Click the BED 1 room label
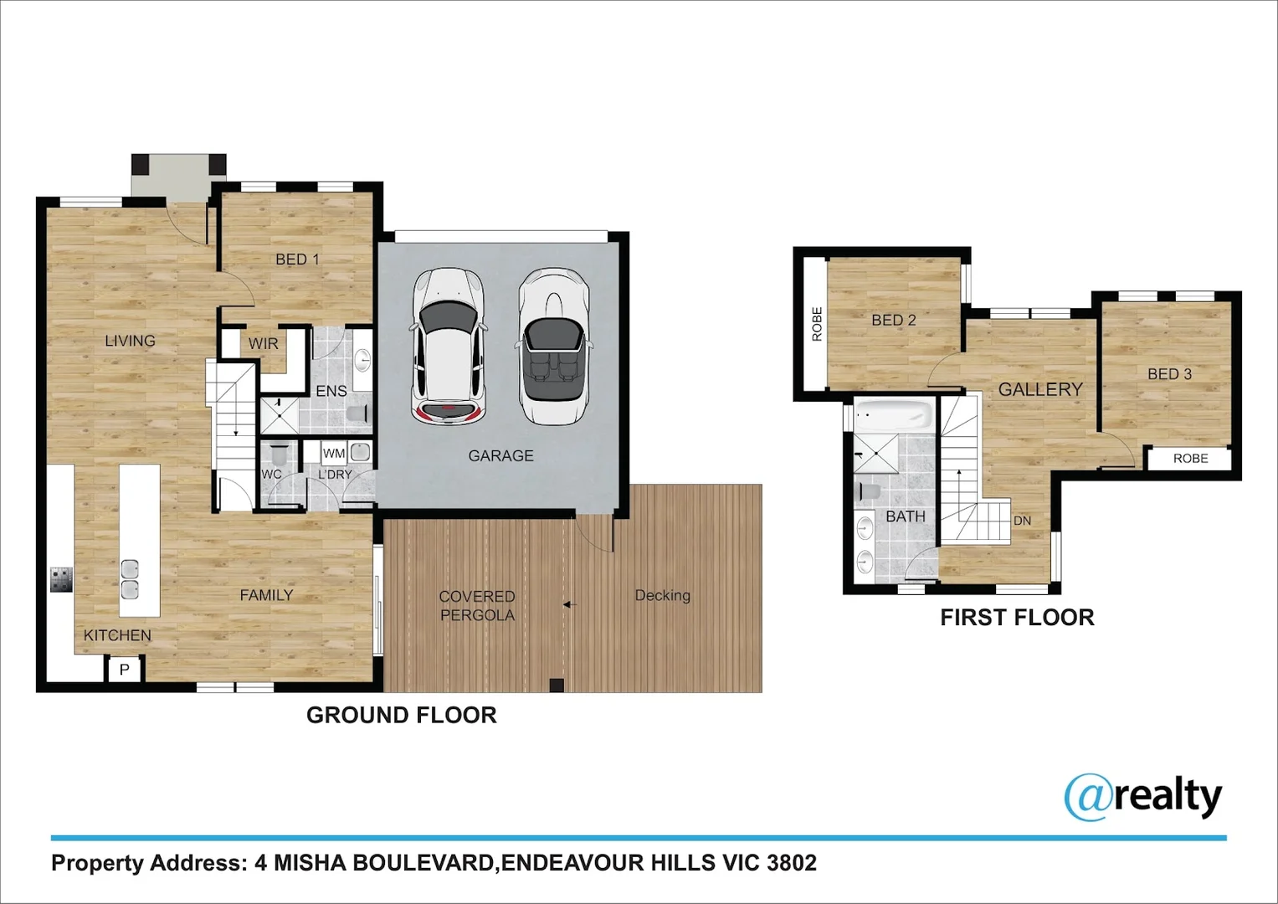coord(297,259)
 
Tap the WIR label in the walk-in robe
coord(263,343)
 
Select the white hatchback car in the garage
coord(449,347)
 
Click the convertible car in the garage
coord(553,347)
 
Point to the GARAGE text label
coord(500,456)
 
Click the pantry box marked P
coord(125,669)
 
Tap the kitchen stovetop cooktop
coord(61,579)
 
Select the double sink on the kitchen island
coord(130,578)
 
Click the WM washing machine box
coord(334,454)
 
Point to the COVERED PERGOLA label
coord(477,605)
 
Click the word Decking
coord(662,595)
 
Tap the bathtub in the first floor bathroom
coord(894,414)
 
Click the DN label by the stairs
coord(1022,521)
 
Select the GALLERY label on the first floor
coord(1040,389)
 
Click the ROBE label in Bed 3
coord(1190,459)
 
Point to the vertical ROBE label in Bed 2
coord(817,324)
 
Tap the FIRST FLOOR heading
coord(1017,618)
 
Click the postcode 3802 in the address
coord(791,863)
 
